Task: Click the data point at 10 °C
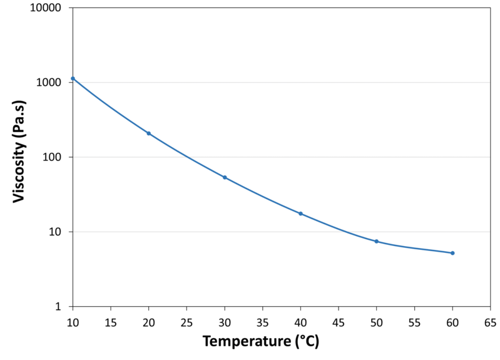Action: pyautogui.click(x=73, y=78)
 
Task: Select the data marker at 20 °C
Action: pyautogui.click(x=149, y=133)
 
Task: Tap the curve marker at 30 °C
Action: pyautogui.click(x=225, y=177)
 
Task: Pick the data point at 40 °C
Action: pyautogui.click(x=300, y=213)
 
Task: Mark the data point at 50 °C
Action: pyautogui.click(x=376, y=241)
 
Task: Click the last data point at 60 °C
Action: pyautogui.click(x=452, y=253)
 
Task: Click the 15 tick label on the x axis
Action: pyautogui.click(x=111, y=321)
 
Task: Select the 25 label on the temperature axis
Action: pyautogui.click(x=186, y=321)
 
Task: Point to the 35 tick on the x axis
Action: pyautogui.click(x=262, y=321)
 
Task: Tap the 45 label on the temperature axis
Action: pyautogui.click(x=339, y=321)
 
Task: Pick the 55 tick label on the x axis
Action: pyautogui.click(x=414, y=321)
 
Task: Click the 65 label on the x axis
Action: pyautogui.click(x=490, y=321)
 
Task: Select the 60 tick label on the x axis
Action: pyautogui.click(x=452, y=321)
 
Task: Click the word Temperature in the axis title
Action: pyautogui.click(x=245, y=343)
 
